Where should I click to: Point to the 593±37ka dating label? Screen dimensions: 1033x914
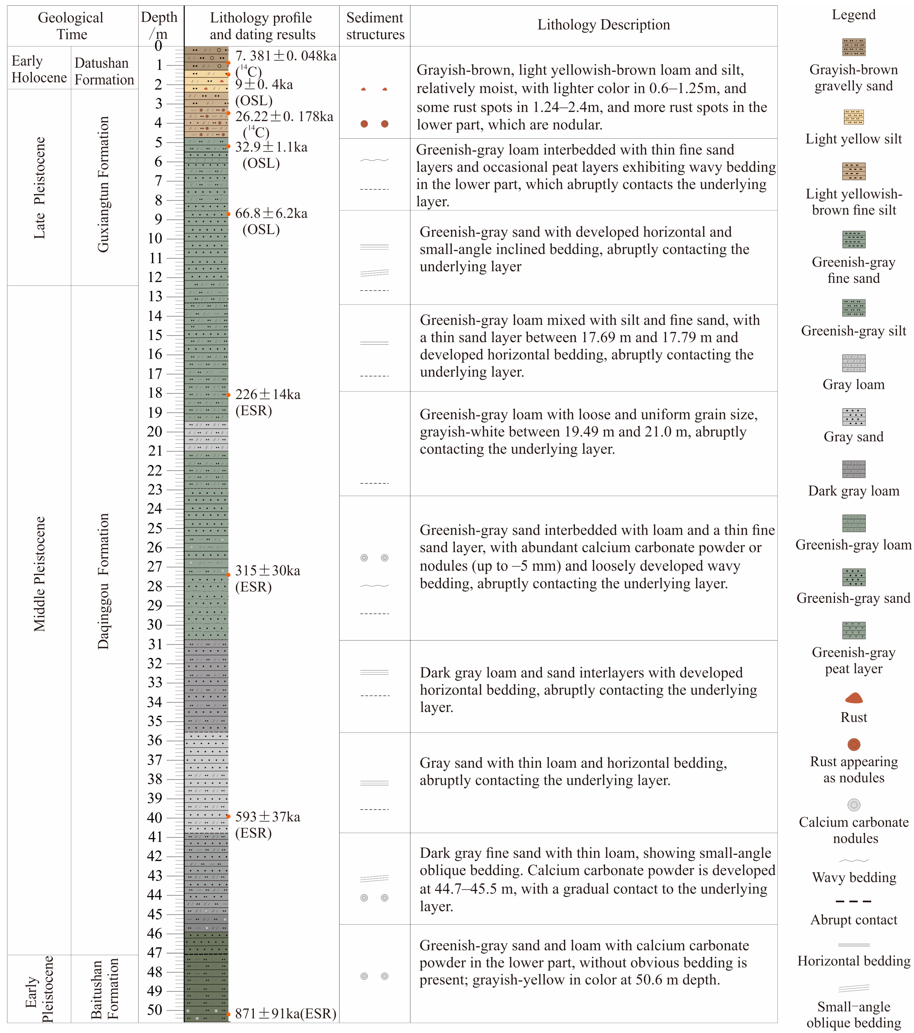[267, 817]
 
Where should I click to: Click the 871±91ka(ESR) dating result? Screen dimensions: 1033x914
[286, 1013]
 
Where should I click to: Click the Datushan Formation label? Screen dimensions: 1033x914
[104, 71]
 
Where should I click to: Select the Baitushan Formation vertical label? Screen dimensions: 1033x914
[104, 990]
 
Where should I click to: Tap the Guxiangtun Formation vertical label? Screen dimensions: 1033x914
[103, 184]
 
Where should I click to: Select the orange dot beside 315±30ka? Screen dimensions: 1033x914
[228, 575]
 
